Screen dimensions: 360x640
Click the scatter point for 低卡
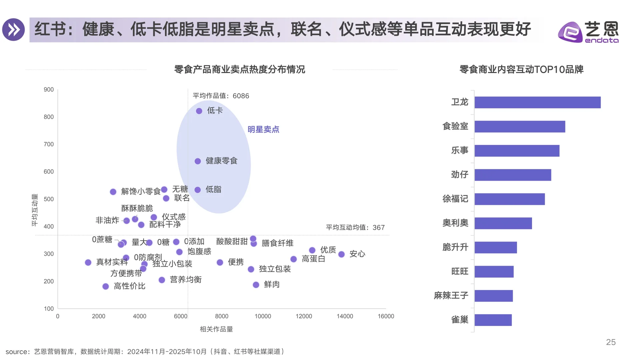click(x=199, y=111)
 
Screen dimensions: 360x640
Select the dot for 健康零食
click(x=198, y=161)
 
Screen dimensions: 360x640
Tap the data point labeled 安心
click(x=341, y=254)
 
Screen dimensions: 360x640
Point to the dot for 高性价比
click(x=106, y=286)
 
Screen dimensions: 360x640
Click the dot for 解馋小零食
click(x=113, y=192)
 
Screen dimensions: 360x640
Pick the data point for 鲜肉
click(x=256, y=285)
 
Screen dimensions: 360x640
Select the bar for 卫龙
click(x=537, y=102)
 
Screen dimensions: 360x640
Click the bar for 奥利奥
click(x=503, y=223)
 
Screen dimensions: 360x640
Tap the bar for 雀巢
click(x=493, y=320)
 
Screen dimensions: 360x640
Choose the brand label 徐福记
click(x=455, y=199)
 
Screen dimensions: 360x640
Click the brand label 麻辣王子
click(x=451, y=296)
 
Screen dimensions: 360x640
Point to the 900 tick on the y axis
click(x=49, y=90)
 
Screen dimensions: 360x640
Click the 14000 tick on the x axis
click(x=345, y=316)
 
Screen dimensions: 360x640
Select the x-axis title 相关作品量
click(x=216, y=329)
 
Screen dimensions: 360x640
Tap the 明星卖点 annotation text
click(x=263, y=129)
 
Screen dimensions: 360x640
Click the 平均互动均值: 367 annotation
click(x=355, y=228)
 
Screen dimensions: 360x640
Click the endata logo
click(x=588, y=32)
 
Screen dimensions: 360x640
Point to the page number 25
click(x=611, y=342)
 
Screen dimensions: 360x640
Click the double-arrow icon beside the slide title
click(x=14, y=30)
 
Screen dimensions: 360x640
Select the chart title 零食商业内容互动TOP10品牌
click(x=521, y=69)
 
